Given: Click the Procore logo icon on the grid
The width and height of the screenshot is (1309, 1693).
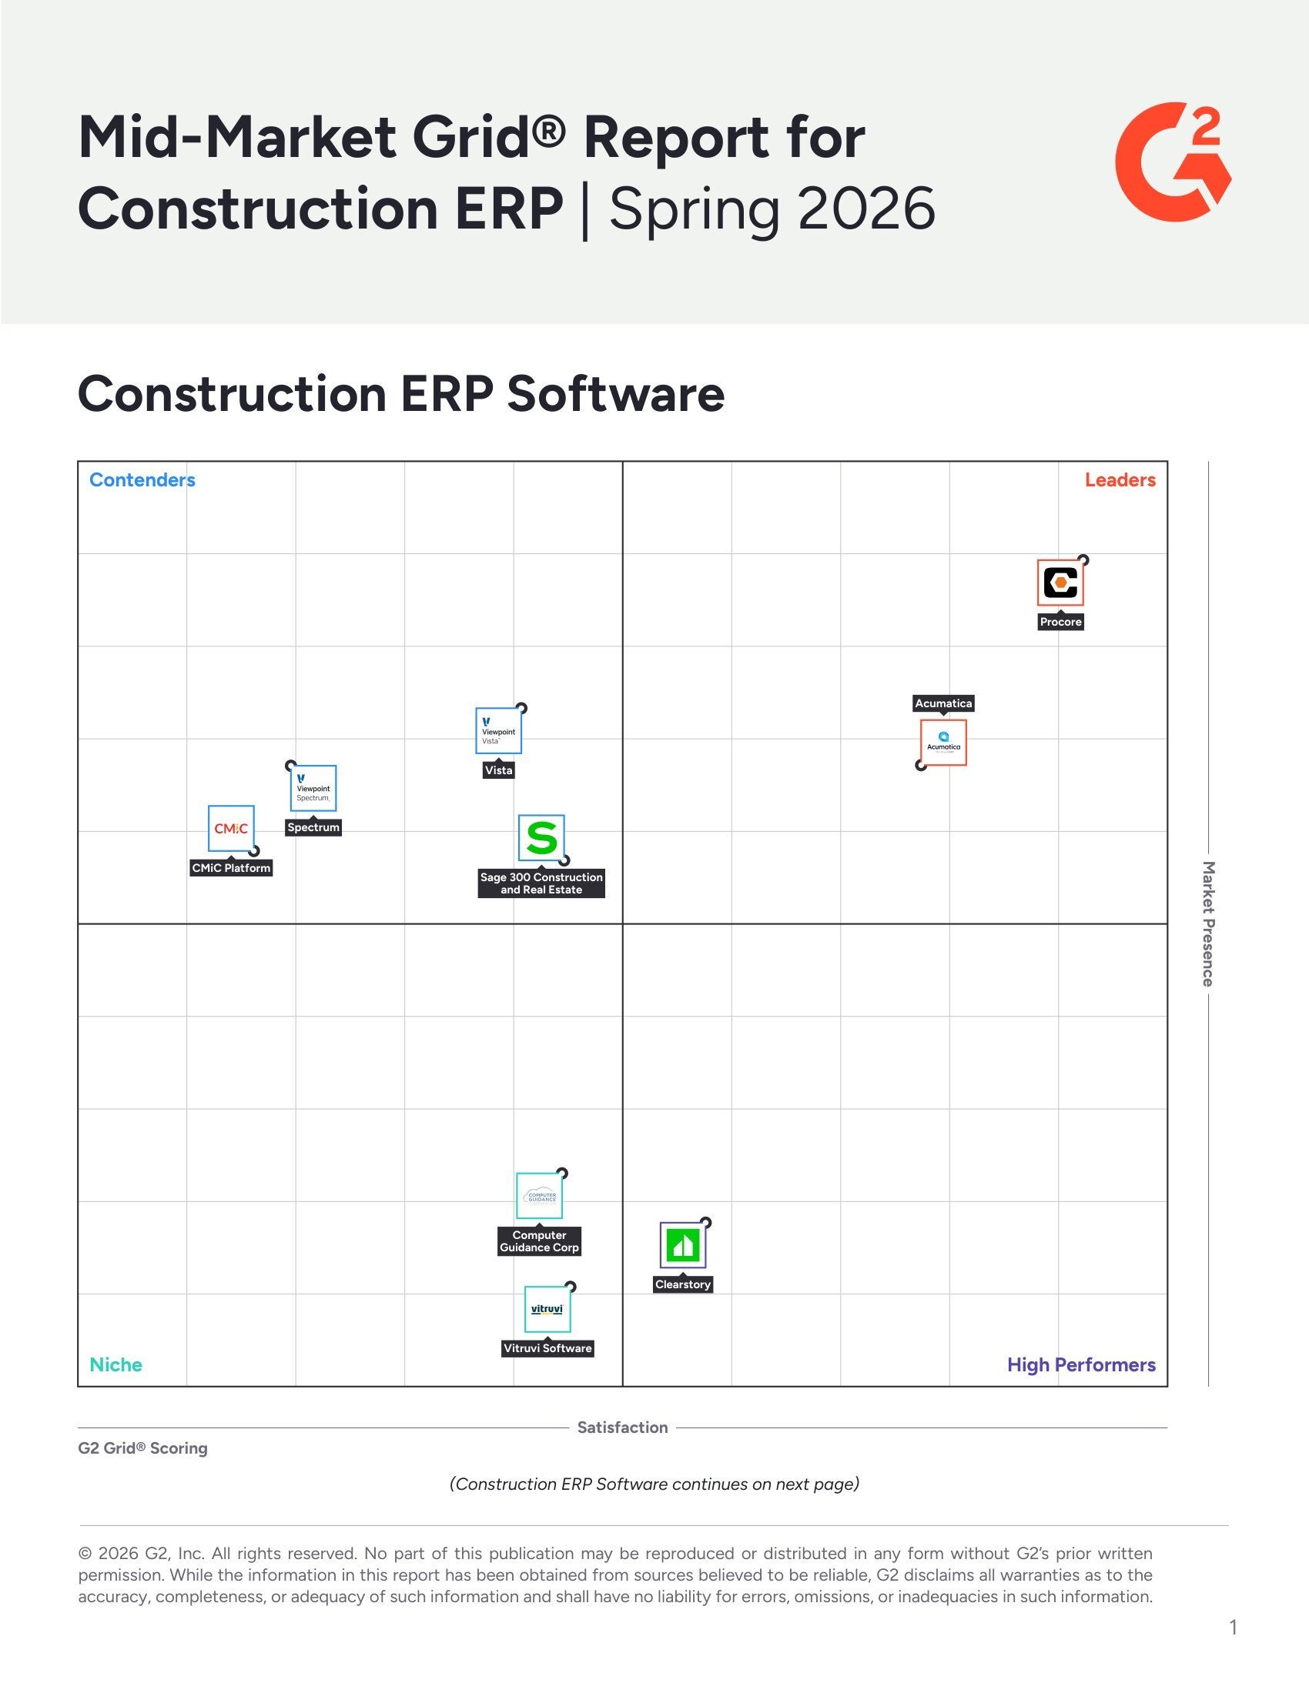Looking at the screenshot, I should [x=1060, y=583].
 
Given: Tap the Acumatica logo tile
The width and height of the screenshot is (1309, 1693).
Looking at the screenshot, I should [x=943, y=743].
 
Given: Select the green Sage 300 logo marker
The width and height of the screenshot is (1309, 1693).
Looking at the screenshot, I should [x=541, y=837].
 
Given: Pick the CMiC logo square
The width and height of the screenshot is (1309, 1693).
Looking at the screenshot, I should [x=231, y=829].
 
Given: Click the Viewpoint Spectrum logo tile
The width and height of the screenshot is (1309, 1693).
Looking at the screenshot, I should [x=313, y=788].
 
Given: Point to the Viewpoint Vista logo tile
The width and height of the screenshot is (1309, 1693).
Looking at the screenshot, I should [x=498, y=730].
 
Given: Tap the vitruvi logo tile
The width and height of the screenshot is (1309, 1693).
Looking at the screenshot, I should [x=547, y=1309].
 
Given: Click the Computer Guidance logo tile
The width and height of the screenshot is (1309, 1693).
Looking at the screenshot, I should [x=539, y=1196].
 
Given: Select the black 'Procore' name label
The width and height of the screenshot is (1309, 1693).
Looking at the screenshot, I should [x=1060, y=622].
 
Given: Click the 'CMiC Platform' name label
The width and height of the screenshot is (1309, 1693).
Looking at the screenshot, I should [x=231, y=868].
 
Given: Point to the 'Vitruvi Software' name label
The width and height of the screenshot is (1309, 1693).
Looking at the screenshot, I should [x=547, y=1348].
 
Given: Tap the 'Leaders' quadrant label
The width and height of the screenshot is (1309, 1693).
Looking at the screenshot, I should [x=1120, y=480].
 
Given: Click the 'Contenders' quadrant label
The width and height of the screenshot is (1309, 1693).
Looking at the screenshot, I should [x=142, y=480].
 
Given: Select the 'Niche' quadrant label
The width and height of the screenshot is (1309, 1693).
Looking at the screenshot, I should [x=116, y=1364].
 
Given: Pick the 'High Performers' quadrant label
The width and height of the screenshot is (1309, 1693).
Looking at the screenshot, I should [x=1081, y=1364].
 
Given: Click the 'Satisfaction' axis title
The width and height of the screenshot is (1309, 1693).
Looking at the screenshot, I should [x=622, y=1427].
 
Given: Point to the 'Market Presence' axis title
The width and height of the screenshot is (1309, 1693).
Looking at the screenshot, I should [x=1207, y=923].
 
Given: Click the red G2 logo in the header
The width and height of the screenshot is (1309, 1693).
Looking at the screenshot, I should [x=1172, y=162].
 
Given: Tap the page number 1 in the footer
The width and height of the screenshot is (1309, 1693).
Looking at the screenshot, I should [x=1233, y=1627].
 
